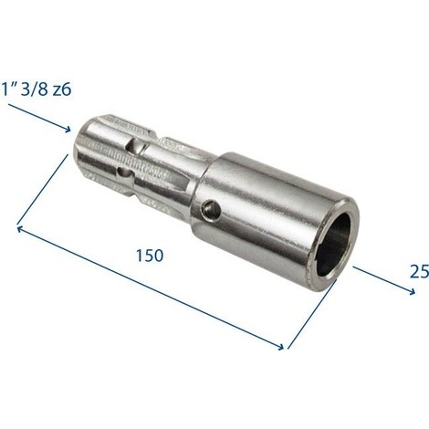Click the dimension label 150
point(150,256)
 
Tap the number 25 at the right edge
point(420,271)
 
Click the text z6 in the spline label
point(62,89)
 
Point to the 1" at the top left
point(9,89)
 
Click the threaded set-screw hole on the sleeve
point(212,209)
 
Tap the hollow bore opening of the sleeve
point(333,245)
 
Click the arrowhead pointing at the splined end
point(67,129)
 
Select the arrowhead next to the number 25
point(411,292)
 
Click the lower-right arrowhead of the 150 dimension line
point(280,347)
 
